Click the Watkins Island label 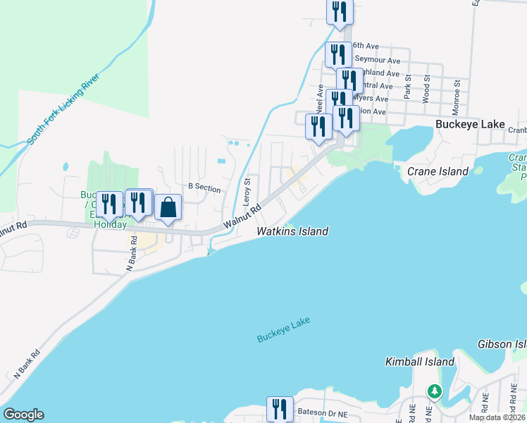point(292,231)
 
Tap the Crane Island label point(438,171)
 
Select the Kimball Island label point(420,362)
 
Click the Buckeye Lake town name point(470,124)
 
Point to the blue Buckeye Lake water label point(283,330)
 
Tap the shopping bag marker point(168,208)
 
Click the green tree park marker point(435,391)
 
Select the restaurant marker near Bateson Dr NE point(280,410)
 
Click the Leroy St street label point(247,191)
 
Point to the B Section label point(204,189)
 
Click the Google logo point(23,415)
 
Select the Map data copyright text point(497,417)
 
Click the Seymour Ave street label point(378,60)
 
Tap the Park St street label point(407,87)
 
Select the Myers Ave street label point(372,99)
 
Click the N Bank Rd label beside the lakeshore point(24,367)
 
